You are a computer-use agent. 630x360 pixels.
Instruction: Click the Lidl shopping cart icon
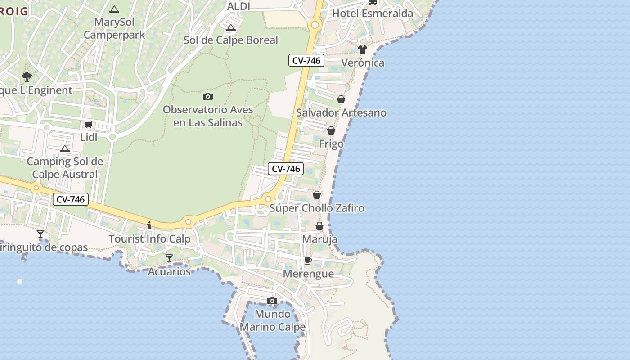[88, 125]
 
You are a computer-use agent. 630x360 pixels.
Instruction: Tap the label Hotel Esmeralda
[372, 13]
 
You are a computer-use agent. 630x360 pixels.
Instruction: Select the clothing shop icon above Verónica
[363, 49]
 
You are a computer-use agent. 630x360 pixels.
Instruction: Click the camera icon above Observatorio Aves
[207, 96]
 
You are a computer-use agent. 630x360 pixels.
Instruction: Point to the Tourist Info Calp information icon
[149, 225]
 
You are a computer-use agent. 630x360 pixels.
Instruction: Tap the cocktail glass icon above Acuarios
[169, 258]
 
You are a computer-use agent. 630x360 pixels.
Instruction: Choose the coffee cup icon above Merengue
[308, 261]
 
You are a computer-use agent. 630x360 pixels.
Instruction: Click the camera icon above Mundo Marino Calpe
[272, 301]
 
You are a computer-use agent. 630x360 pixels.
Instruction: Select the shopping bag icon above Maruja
[319, 226]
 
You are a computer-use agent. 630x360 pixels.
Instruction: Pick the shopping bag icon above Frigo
[331, 130]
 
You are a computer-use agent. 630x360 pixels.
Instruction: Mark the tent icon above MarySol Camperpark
[114, 9]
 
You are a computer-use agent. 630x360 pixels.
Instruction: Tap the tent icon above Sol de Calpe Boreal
[231, 27]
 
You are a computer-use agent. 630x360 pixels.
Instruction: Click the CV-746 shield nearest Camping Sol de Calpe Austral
[70, 199]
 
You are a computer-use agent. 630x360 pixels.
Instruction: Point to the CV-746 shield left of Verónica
[306, 60]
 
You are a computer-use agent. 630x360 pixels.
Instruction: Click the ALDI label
[238, 6]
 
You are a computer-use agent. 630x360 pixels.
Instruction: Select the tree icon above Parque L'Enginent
[27, 76]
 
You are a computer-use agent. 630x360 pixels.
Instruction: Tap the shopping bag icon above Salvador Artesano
[341, 99]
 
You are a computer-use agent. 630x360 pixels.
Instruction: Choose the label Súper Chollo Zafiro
[317, 208]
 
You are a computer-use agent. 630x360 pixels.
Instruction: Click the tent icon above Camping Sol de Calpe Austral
[65, 148]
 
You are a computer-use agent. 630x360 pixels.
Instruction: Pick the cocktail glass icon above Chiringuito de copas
[40, 234]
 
